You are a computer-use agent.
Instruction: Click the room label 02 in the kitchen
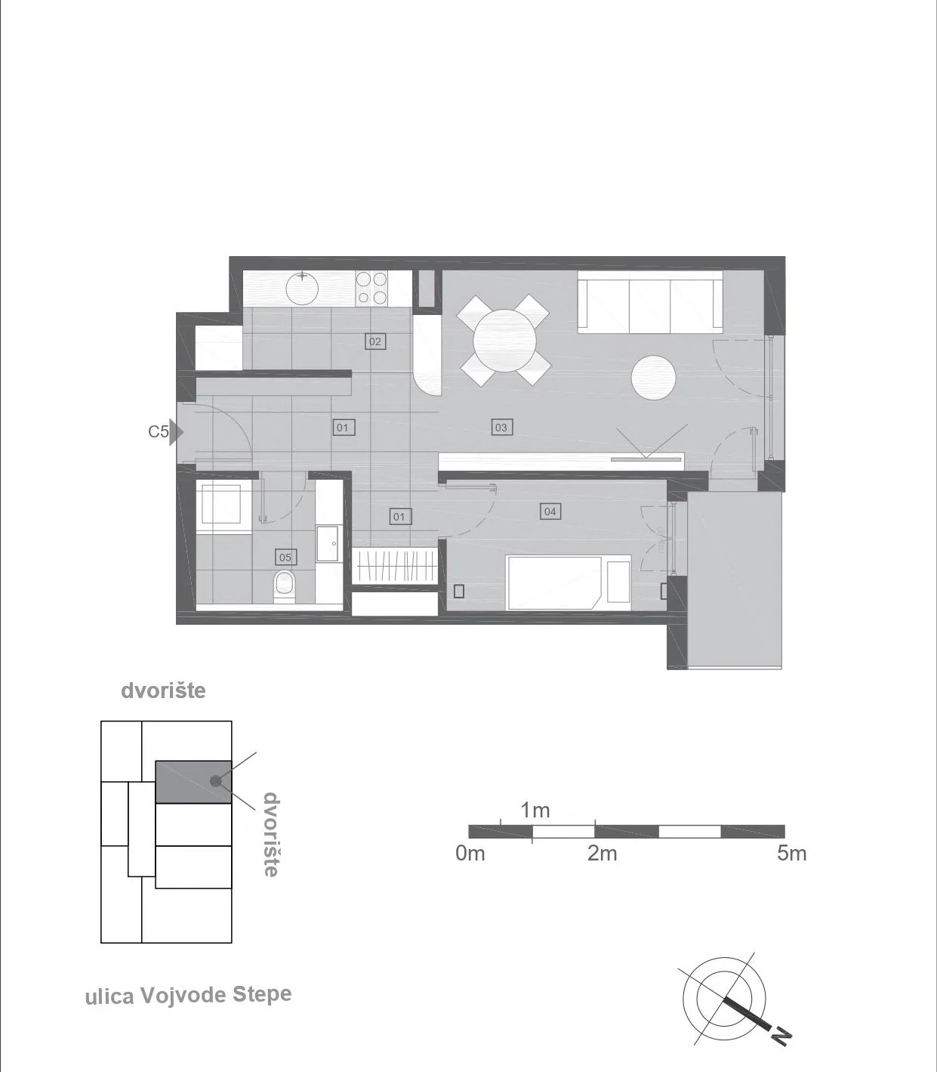tap(374, 341)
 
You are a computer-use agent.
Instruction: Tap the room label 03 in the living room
tap(501, 428)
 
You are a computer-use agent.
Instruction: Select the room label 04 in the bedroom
tap(550, 511)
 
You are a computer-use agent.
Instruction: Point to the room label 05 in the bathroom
tap(285, 557)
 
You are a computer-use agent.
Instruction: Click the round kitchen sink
tap(302, 289)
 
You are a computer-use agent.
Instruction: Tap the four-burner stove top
tap(371, 289)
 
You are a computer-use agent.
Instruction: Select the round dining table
tap(504, 341)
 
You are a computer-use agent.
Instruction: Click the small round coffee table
tap(653, 378)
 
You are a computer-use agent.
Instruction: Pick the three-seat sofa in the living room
tap(650, 301)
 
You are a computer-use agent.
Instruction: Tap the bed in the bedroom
tap(569, 582)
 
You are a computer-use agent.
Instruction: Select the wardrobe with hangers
tap(395, 565)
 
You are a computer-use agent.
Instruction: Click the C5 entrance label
tap(159, 431)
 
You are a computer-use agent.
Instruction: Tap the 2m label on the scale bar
tap(602, 854)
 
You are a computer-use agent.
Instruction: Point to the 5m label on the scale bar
tap(791, 854)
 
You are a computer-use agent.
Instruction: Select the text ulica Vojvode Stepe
tap(189, 996)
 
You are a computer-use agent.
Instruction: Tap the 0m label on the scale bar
tap(470, 854)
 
